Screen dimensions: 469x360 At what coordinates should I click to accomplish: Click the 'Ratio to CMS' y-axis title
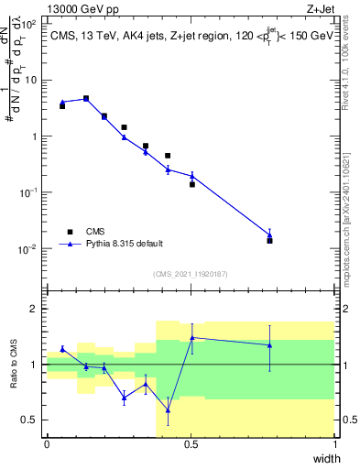pyautogui.click(x=13, y=365)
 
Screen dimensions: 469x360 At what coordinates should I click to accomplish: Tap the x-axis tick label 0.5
pyautogui.click(x=191, y=444)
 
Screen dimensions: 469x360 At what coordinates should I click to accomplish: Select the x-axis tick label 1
pyautogui.click(x=334, y=444)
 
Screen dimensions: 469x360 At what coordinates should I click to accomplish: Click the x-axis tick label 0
pyautogui.click(x=47, y=444)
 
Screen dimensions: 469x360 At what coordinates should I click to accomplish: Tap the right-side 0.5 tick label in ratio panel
pyautogui.click(x=349, y=420)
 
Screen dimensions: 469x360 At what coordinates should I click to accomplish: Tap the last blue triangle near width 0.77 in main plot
pyautogui.click(x=269, y=234)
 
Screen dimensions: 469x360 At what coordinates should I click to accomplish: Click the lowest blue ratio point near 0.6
pyautogui.click(x=168, y=409)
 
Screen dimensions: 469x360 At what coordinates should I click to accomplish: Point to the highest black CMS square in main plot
pyautogui.click(x=86, y=98)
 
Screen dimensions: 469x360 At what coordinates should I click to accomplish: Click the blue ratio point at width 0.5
pyautogui.click(x=192, y=337)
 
